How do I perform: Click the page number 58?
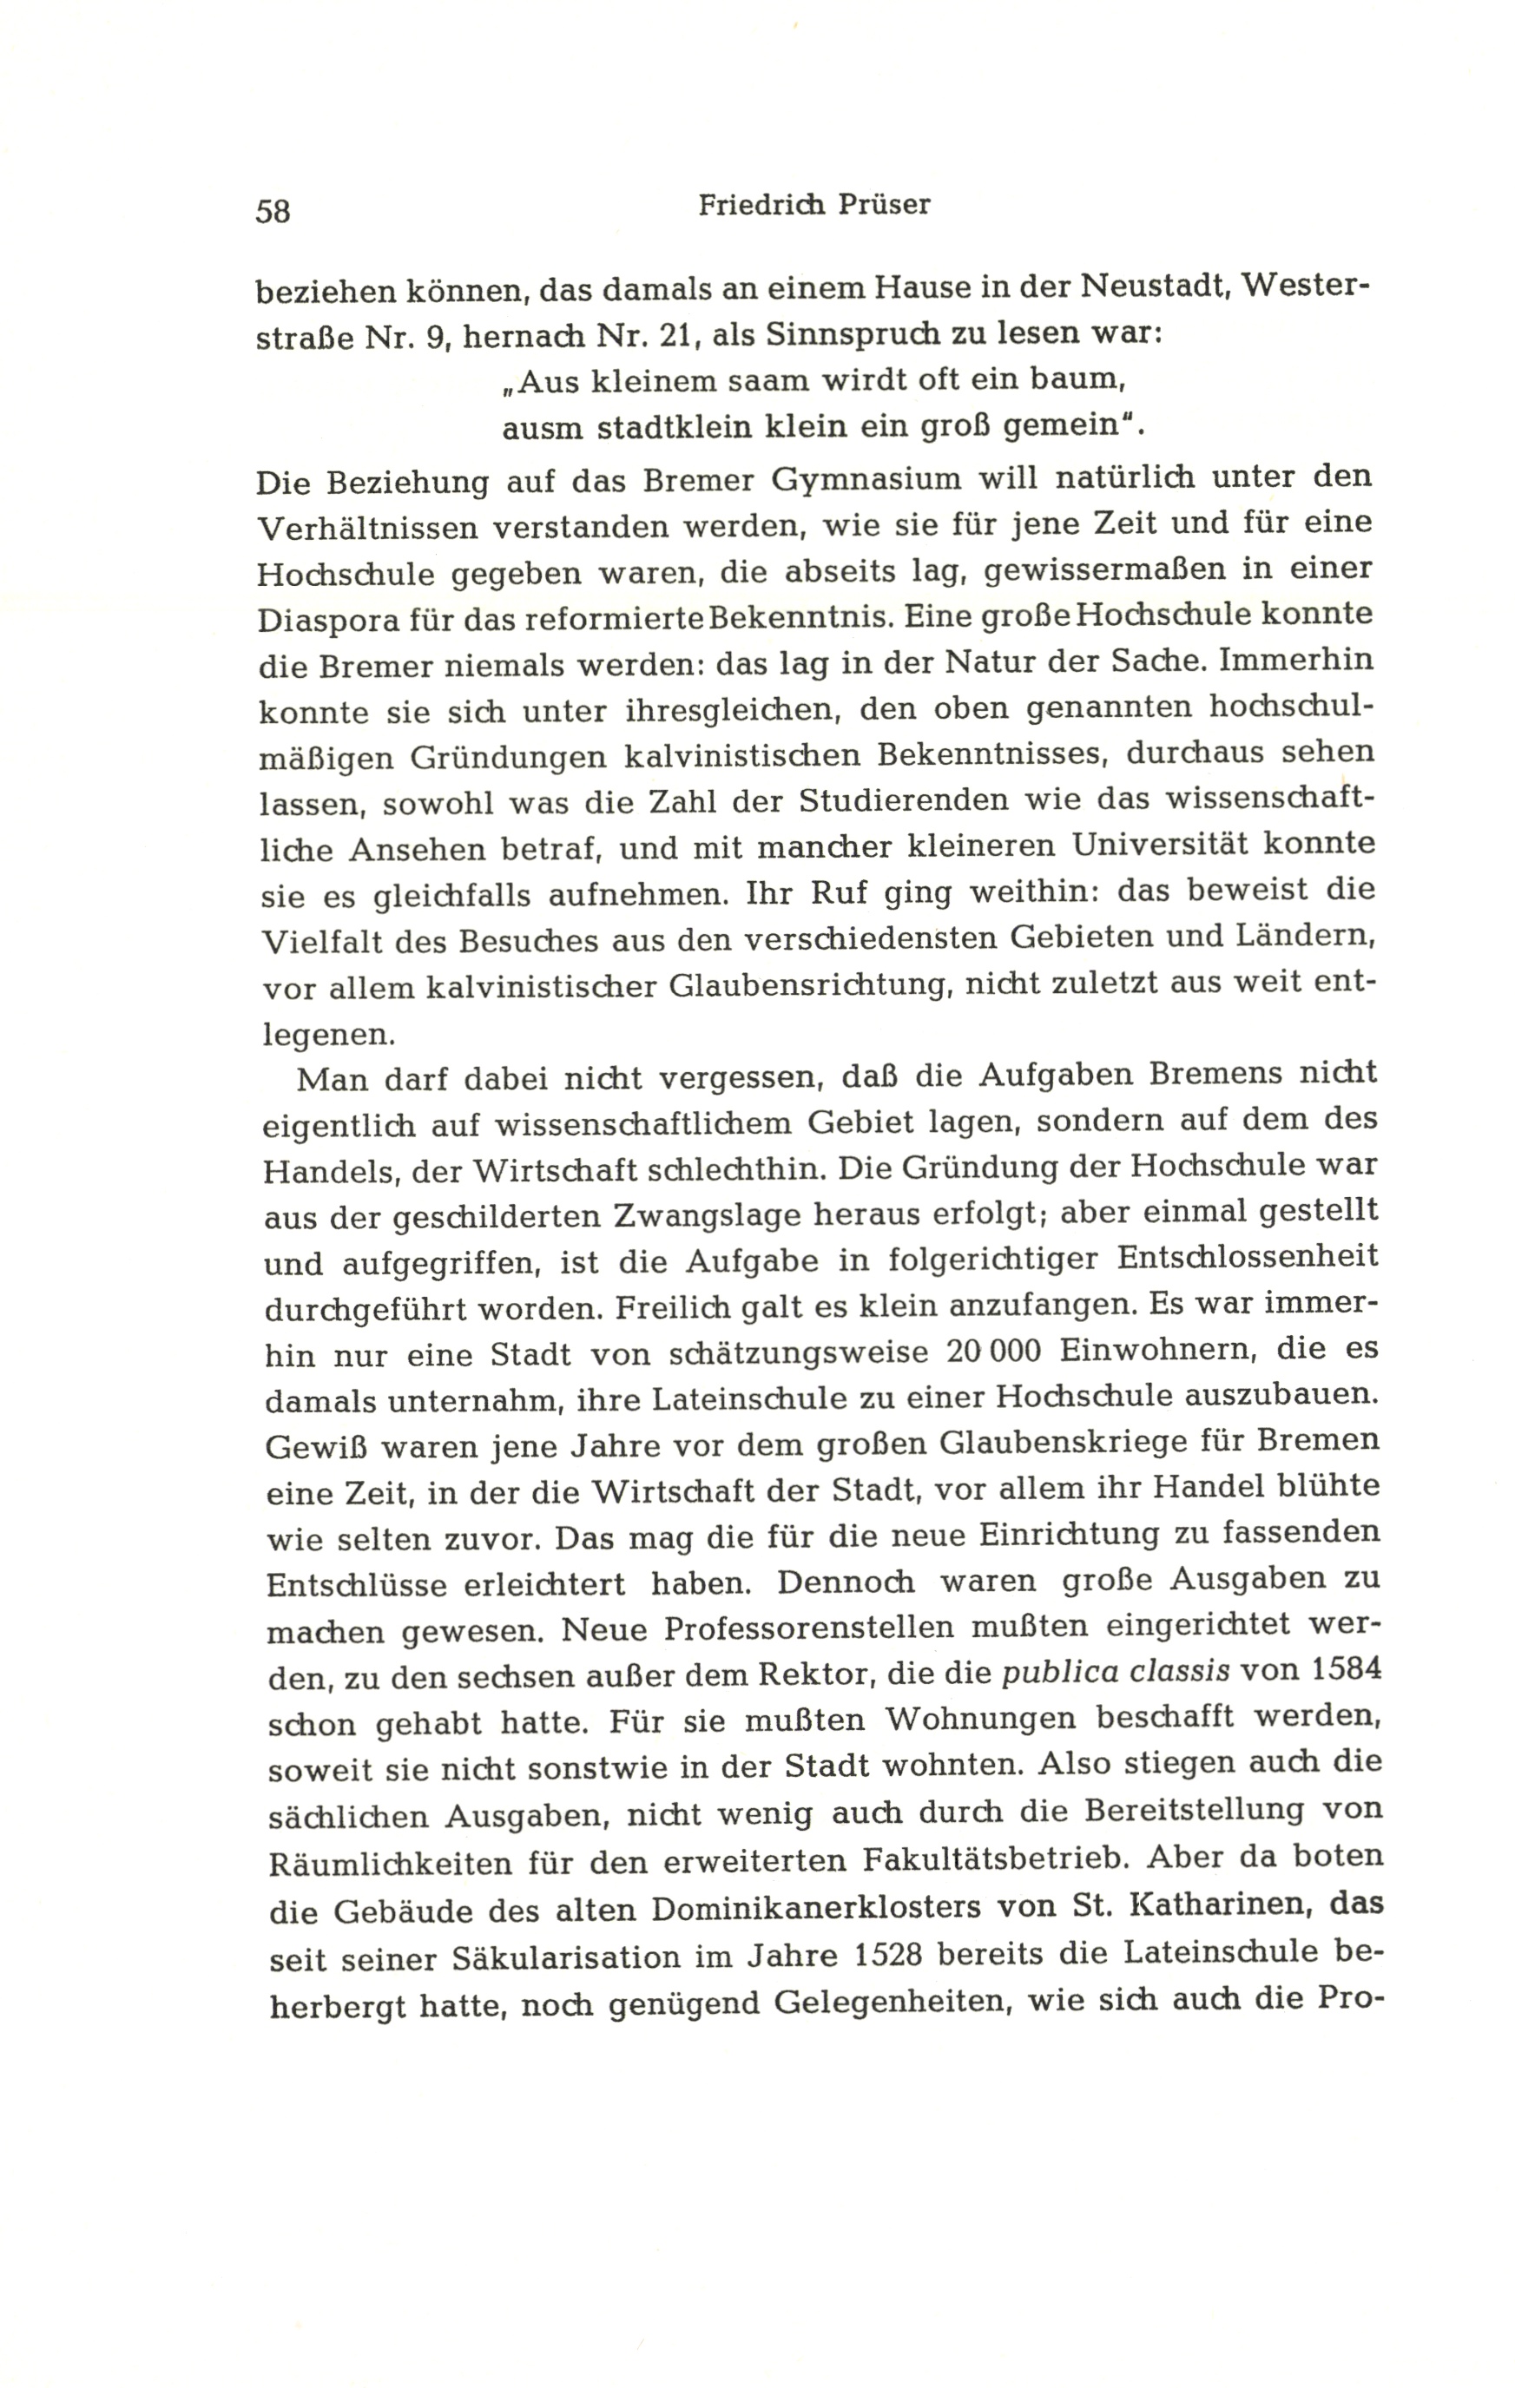click(273, 211)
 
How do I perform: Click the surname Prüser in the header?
click(881, 204)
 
